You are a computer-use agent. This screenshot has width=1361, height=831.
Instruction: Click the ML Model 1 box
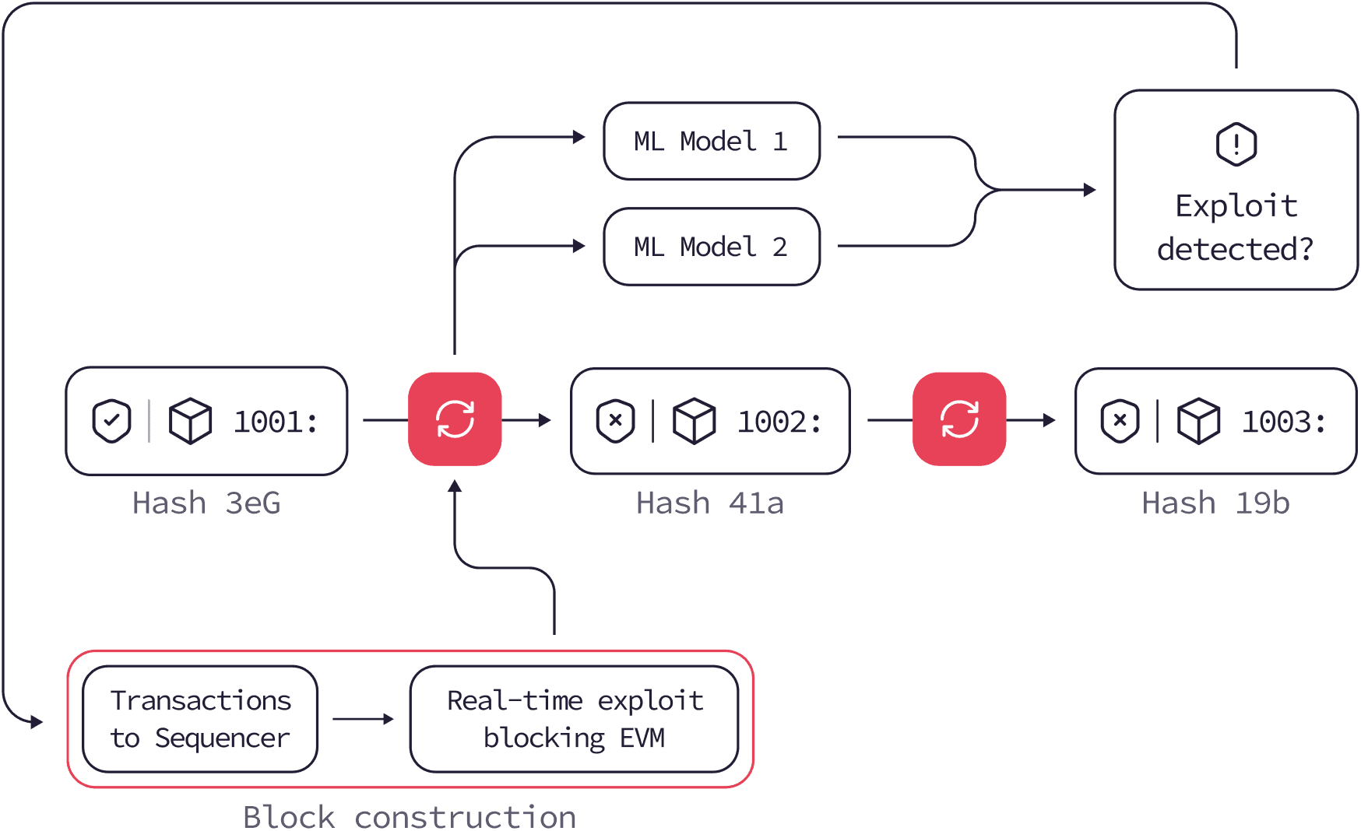click(x=712, y=141)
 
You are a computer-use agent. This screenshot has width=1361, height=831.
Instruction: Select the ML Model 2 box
click(x=712, y=247)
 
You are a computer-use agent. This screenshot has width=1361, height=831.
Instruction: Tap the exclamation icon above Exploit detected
click(x=1236, y=144)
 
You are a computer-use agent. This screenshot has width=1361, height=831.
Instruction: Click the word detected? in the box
click(x=1236, y=250)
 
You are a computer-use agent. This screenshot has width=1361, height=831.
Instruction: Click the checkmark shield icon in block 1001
click(x=111, y=421)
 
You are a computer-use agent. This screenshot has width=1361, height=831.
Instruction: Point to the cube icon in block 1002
click(x=694, y=421)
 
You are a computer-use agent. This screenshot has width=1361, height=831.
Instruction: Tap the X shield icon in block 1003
click(x=1120, y=421)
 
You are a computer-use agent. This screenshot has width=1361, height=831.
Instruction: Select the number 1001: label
click(x=276, y=422)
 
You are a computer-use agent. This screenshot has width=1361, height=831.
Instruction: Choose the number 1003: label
click(x=1284, y=422)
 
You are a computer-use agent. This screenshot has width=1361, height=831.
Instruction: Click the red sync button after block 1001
click(x=455, y=419)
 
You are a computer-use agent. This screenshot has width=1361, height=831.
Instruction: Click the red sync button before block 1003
click(x=959, y=419)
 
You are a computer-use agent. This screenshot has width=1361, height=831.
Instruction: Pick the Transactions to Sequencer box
click(x=200, y=719)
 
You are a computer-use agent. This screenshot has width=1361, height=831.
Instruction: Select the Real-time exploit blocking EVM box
click(x=574, y=719)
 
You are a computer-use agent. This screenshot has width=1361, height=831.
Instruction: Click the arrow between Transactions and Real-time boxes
click(x=364, y=719)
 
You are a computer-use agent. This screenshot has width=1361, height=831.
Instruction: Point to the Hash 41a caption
click(x=710, y=503)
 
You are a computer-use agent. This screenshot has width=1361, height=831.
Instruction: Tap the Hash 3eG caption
click(x=206, y=503)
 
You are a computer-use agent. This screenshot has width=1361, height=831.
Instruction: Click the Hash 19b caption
click(x=1215, y=503)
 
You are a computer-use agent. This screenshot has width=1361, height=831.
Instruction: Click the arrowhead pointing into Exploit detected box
click(x=1090, y=189)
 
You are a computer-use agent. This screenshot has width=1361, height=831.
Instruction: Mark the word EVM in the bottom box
click(x=642, y=738)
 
